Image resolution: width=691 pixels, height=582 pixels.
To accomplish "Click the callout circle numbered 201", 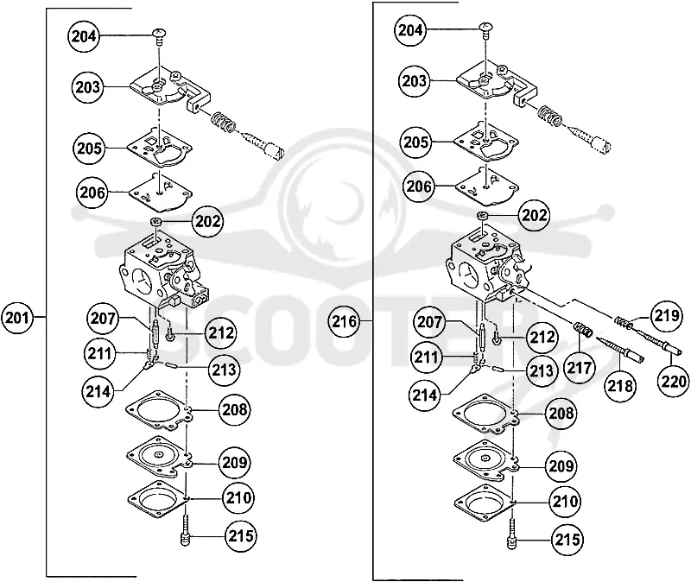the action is pyautogui.click(x=17, y=317).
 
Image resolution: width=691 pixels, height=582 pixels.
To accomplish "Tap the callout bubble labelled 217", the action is pyautogui.click(x=579, y=368).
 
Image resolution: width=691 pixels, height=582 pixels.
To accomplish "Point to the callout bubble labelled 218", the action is pyautogui.click(x=620, y=386).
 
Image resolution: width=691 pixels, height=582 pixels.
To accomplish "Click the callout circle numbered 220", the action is pyautogui.click(x=674, y=381).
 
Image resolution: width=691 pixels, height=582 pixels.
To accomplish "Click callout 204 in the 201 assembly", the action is pyautogui.click(x=84, y=36).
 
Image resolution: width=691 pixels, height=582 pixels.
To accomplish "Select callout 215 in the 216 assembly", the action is pyautogui.click(x=567, y=540).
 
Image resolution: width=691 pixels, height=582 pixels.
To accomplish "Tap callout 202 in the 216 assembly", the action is pyautogui.click(x=534, y=215).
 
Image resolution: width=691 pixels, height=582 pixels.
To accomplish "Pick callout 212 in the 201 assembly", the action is pyautogui.click(x=220, y=333).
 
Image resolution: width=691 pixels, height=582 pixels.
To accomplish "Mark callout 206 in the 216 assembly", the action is pyautogui.click(x=418, y=187).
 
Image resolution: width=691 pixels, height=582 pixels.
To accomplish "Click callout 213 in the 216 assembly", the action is pyautogui.click(x=541, y=371).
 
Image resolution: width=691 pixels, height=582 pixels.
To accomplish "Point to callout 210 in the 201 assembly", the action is pyautogui.click(x=238, y=498).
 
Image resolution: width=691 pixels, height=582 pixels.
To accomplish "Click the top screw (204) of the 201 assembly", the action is pyautogui.click(x=159, y=35).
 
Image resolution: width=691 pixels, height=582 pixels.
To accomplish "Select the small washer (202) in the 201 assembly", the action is pyautogui.click(x=155, y=221).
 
